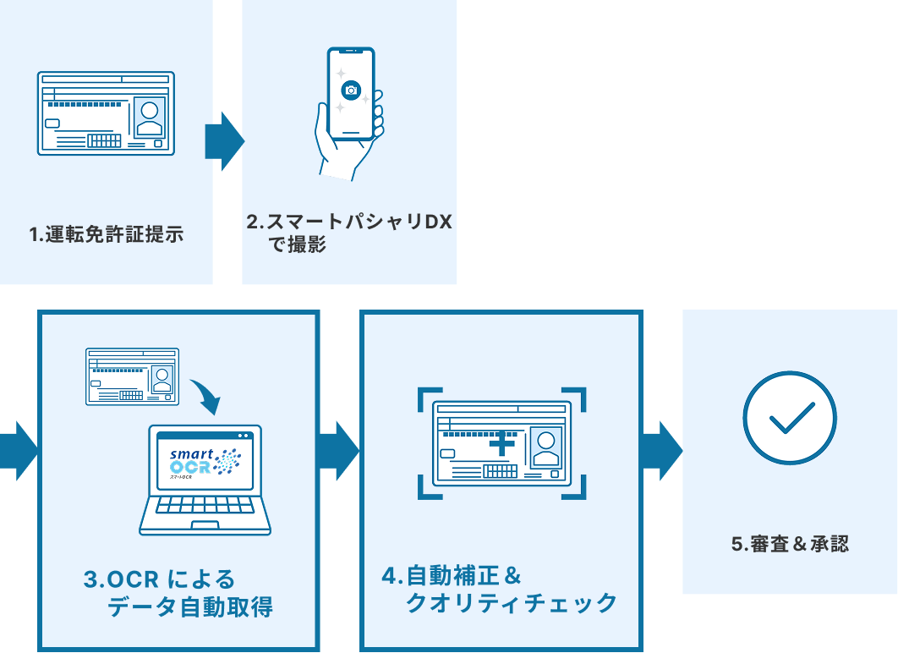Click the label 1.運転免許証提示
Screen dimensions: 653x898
107,235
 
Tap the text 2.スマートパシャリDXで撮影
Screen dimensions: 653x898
349,233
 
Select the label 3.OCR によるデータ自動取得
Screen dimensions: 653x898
178,593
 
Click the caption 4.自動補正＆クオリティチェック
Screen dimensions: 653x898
499,590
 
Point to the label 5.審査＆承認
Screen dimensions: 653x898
789,544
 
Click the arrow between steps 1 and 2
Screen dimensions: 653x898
224,141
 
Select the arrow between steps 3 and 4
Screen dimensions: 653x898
339,451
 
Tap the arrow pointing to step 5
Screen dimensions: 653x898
660,451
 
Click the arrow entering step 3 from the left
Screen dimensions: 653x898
19,451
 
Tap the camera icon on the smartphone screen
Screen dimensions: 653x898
351,91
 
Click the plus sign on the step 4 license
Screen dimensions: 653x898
502,442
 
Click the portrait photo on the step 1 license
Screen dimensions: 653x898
150,117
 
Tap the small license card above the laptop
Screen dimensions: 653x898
132,376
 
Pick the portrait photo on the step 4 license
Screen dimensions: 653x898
547,447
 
